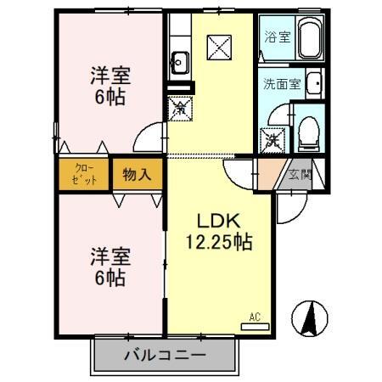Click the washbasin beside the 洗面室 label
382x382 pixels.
(313, 83)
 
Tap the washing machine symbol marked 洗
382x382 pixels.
(272, 138)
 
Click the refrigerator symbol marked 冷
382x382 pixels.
(179, 108)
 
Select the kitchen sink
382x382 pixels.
(179, 60)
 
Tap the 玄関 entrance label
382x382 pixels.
(299, 175)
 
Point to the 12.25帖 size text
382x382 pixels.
(218, 241)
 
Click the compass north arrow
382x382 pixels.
(312, 318)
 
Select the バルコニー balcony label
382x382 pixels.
(164, 355)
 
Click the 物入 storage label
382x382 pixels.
(137, 175)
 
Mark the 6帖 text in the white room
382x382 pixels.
(111, 277)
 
